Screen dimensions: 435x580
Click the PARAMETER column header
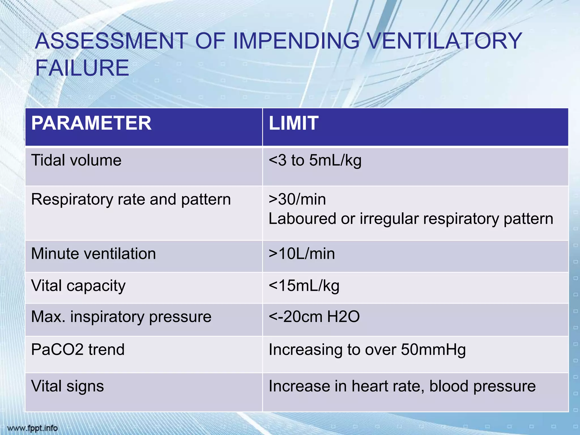tap(91, 123)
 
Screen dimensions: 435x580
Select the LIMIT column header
tap(293, 123)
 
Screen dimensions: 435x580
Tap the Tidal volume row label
tap(76, 160)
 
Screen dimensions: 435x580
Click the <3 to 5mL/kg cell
tap(315, 161)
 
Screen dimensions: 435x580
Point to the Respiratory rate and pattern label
tap(131, 199)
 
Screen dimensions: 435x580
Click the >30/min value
tap(297, 199)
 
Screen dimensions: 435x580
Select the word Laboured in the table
tap(302, 219)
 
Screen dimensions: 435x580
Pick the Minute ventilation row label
tap(93, 253)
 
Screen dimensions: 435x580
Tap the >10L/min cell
tap(302, 253)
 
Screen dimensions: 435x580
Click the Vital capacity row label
tap(78, 286)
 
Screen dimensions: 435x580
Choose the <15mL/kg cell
tap(304, 286)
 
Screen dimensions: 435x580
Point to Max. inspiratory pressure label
tap(121, 317)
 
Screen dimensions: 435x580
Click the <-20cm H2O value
tap(314, 317)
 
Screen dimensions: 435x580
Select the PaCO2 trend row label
tap(78, 349)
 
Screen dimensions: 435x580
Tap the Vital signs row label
tap(67, 386)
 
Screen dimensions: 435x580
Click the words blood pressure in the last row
tap(482, 386)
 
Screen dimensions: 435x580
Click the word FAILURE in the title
tap(82, 68)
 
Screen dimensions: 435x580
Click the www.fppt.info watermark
tap(32, 428)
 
